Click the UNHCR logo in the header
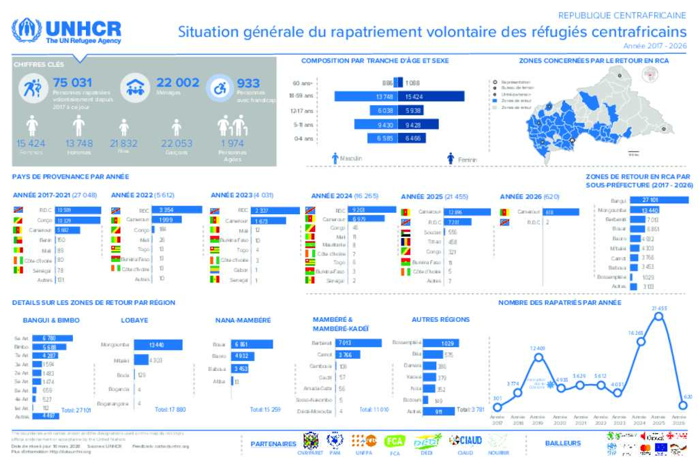tap(67, 31)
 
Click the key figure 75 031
tap(72, 83)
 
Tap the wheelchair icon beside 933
tap(220, 87)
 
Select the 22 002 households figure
tap(177, 83)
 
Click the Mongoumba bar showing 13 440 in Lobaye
tap(157, 345)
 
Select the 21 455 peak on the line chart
tap(659, 314)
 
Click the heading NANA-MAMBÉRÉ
tap(243, 320)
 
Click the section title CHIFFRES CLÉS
tap(33, 64)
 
